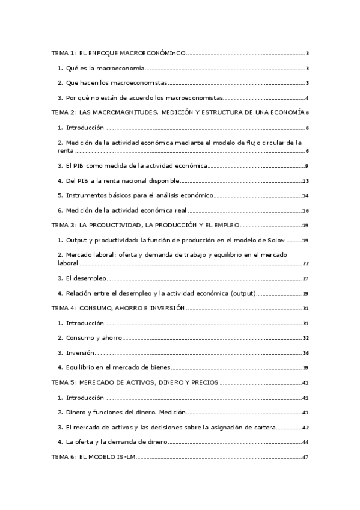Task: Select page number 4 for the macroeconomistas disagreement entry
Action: coord(307,98)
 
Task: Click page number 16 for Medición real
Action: coord(305,210)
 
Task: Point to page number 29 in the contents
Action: coord(305,293)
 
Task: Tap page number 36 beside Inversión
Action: coord(305,352)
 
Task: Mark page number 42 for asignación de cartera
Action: coord(305,427)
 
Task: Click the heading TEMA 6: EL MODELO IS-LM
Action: coord(93,457)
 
